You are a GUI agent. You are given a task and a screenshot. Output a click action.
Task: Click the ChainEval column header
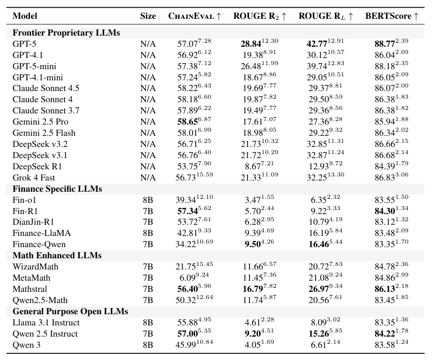[195, 16]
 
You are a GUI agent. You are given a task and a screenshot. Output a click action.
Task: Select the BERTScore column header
[392, 16]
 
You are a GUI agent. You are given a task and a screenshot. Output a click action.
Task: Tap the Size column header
[148, 16]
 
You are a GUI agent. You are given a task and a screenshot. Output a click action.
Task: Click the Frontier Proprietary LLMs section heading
[66, 33]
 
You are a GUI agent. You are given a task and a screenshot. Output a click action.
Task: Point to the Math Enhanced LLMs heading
[57, 255]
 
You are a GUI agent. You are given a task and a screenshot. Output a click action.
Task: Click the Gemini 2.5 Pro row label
[40, 122]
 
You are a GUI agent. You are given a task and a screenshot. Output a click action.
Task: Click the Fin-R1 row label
[25, 211]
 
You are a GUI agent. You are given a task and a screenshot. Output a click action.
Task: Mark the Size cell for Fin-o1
[148, 200]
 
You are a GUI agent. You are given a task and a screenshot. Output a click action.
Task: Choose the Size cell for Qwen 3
[148, 345]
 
